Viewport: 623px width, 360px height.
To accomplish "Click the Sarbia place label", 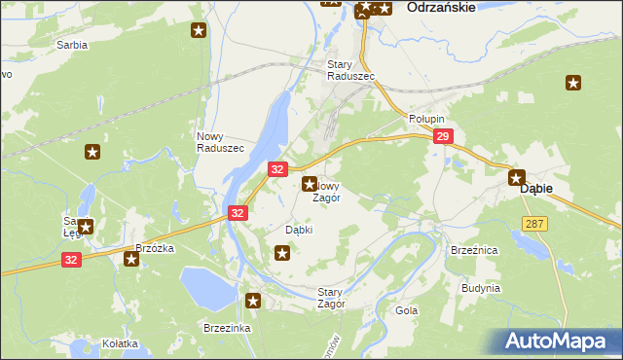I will [x=71, y=45].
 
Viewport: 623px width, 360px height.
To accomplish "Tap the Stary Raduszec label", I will [x=344, y=70].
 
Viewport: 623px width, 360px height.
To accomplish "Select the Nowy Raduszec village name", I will [x=220, y=141].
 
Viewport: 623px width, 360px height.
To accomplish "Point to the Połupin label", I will [x=425, y=118].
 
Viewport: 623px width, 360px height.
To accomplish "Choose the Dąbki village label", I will [x=298, y=230].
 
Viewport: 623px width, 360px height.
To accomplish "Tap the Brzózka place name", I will [x=154, y=248].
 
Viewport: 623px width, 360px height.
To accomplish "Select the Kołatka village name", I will [x=120, y=343].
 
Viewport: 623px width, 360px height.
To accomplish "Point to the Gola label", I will [x=407, y=310].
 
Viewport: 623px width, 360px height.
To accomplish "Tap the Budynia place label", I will [x=482, y=288].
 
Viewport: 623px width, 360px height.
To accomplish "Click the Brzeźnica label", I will [x=474, y=250].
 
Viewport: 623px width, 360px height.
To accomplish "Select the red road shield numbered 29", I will [x=442, y=138].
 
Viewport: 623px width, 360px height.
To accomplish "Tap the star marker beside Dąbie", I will [x=517, y=178].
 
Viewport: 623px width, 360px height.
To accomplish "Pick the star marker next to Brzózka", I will [x=131, y=259].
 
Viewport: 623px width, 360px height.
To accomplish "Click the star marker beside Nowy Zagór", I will [x=310, y=183].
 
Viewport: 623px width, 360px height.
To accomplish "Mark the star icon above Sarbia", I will [x=199, y=30].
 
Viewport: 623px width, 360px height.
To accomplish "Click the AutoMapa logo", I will [x=559, y=341].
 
